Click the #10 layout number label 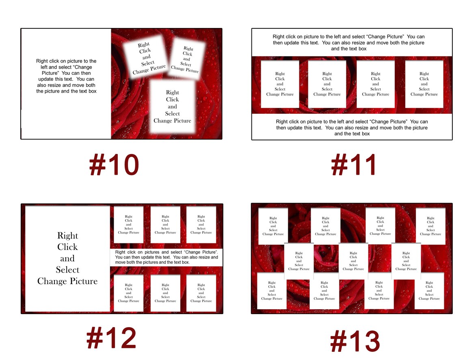tap(114, 166)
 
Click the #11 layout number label tap(354, 166)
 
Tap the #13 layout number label tap(355, 341)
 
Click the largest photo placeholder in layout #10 tap(172, 106)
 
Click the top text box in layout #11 tap(352, 43)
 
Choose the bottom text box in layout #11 tap(352, 127)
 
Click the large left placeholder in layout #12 tap(67, 258)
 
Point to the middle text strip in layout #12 tap(166, 257)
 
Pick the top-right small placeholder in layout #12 tap(201, 225)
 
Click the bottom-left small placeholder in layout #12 tap(128, 293)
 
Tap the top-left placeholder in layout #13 tap(273, 226)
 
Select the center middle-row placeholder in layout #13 tap(353, 261)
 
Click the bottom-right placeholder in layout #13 tap(429, 291)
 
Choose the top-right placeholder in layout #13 tap(431, 226)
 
